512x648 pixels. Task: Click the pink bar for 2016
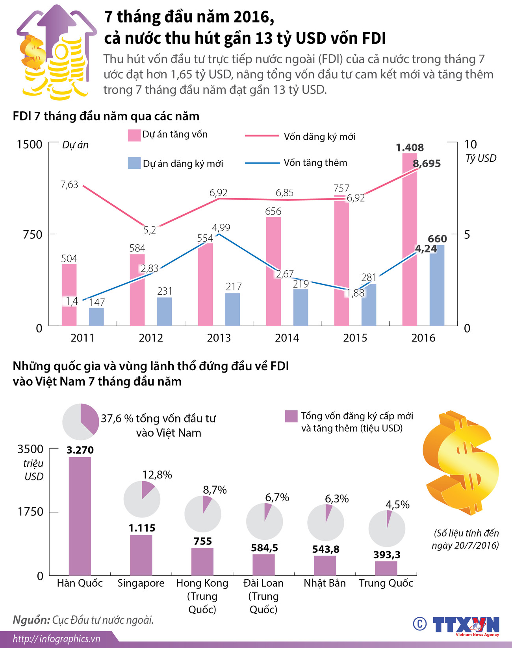(x=410, y=240)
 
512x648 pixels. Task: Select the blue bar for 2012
(x=165, y=312)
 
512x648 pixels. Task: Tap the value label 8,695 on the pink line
(x=427, y=164)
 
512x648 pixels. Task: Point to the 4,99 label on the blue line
(x=221, y=228)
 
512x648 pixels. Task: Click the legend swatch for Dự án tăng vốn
(x=134, y=135)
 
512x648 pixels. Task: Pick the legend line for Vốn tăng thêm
(x=262, y=163)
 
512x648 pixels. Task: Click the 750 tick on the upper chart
(x=32, y=234)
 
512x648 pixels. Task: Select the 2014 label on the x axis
(x=287, y=338)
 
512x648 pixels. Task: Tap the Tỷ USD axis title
(x=480, y=159)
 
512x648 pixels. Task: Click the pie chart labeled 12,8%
(x=142, y=499)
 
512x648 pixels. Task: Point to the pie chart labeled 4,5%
(x=387, y=528)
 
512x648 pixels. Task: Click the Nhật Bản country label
(x=325, y=583)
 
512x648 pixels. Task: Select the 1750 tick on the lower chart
(x=30, y=512)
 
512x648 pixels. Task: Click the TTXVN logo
(x=466, y=625)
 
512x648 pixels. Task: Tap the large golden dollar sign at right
(x=460, y=462)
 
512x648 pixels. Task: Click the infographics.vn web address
(x=57, y=639)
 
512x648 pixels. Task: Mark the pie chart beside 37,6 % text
(x=81, y=421)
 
